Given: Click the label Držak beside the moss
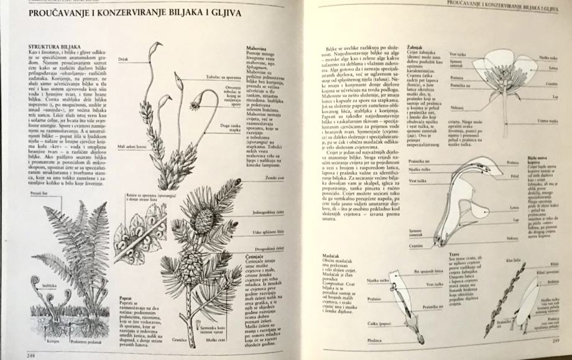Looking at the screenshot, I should tap(124, 60).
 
